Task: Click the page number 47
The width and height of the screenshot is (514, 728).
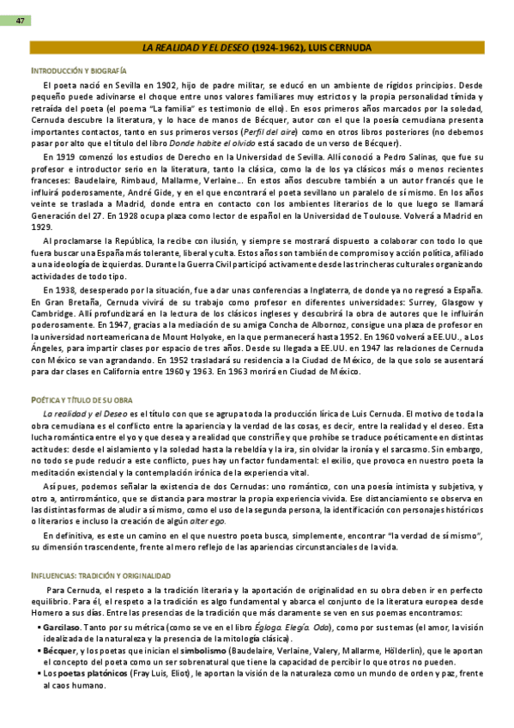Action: point(18,20)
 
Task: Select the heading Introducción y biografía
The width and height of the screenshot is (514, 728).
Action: point(78,70)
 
